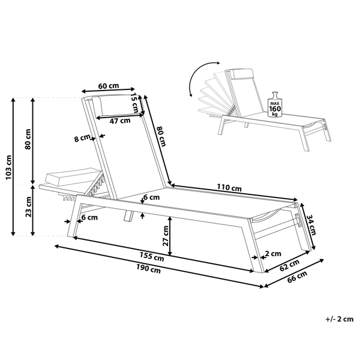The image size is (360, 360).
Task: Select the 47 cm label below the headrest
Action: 121,120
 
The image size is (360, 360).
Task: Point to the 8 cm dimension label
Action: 82,139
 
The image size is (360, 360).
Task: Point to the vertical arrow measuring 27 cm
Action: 172,235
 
